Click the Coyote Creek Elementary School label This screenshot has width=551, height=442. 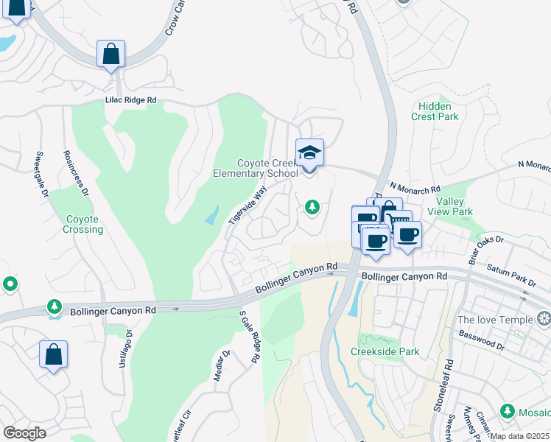[x=267, y=168]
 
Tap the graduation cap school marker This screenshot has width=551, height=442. [x=309, y=154]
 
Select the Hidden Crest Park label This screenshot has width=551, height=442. [x=435, y=111]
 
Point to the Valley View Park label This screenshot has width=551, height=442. [x=455, y=206]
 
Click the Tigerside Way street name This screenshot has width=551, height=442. [x=247, y=205]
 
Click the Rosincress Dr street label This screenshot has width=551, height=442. [x=76, y=174]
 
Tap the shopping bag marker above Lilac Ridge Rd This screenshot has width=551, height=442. [x=110, y=54]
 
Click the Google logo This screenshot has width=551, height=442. [x=24, y=432]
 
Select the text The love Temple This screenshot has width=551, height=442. [x=494, y=320]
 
